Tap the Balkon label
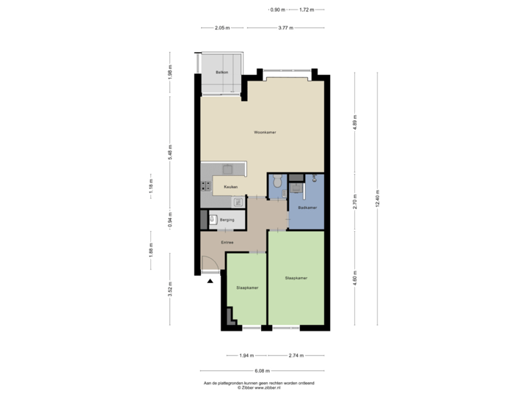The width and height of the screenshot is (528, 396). click(221, 73)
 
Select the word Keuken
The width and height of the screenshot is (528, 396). click(231, 188)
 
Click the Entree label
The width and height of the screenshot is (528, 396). click(227, 242)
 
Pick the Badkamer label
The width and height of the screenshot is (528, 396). click(307, 208)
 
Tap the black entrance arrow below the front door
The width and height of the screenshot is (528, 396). click(211, 279)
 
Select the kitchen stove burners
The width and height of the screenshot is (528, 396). click(206, 186)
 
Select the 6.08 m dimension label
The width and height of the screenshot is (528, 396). click(262, 370)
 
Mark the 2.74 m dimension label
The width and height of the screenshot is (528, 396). click(297, 356)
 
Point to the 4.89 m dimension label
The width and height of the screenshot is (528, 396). click(355, 121)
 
